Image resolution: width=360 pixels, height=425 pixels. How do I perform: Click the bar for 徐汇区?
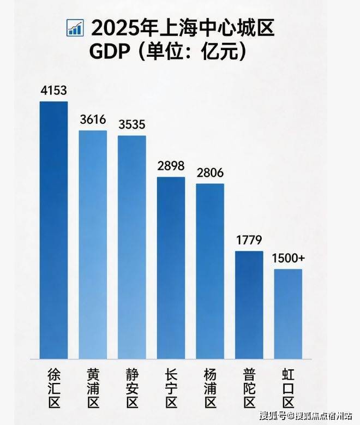pos(53,229)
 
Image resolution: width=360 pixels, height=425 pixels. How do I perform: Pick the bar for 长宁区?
pos(171,267)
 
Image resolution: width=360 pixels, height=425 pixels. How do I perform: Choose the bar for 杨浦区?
pos(210,271)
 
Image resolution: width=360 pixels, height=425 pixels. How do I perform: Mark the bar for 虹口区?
pos(288,313)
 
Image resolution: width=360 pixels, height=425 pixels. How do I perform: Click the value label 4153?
pos(53,91)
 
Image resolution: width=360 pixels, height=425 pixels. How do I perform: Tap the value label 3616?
pos(92,120)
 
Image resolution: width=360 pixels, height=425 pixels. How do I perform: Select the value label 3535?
pos(132,124)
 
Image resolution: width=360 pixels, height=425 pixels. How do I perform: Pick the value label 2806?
pos(210,172)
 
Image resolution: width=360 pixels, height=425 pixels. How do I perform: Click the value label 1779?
pos(249,240)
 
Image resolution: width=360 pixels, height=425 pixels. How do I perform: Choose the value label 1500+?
pos(289,258)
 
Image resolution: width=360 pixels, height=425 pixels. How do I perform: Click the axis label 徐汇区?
pos(53,389)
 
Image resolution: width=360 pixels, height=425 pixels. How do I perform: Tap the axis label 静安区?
pos(132,389)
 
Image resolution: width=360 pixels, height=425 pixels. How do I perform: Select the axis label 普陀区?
pos(249,389)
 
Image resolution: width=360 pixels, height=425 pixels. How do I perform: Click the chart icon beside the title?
pos(74,28)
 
